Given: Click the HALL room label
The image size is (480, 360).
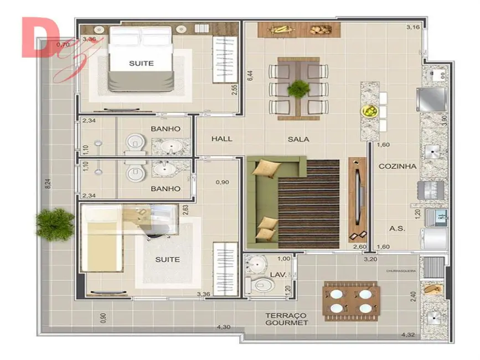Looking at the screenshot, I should [x=221, y=139].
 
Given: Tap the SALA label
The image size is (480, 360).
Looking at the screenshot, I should [x=298, y=140].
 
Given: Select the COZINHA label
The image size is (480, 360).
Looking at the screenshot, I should [x=397, y=166].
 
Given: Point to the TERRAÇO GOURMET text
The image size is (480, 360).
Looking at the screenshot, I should [x=286, y=318].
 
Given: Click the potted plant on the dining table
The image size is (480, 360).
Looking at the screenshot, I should [x=299, y=88].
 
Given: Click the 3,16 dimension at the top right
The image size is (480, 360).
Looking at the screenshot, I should [x=412, y=27].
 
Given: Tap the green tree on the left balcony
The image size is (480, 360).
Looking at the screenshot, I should [x=55, y=224].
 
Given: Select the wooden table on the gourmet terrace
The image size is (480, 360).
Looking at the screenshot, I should [x=350, y=301].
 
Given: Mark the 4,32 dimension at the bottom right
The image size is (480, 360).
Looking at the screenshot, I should [x=409, y=335].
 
